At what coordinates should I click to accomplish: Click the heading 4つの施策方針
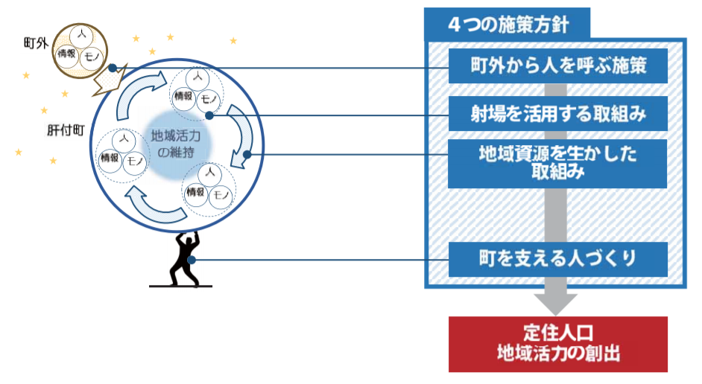(x=508, y=23)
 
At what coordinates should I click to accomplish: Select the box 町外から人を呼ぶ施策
(x=557, y=68)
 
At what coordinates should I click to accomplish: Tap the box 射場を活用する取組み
(x=557, y=115)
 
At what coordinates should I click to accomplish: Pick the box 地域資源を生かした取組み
(x=557, y=163)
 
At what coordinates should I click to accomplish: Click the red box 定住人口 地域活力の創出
(x=557, y=343)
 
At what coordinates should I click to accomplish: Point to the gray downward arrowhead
(x=556, y=301)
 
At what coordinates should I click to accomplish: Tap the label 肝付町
(x=63, y=127)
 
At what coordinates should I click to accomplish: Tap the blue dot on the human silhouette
(x=192, y=260)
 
